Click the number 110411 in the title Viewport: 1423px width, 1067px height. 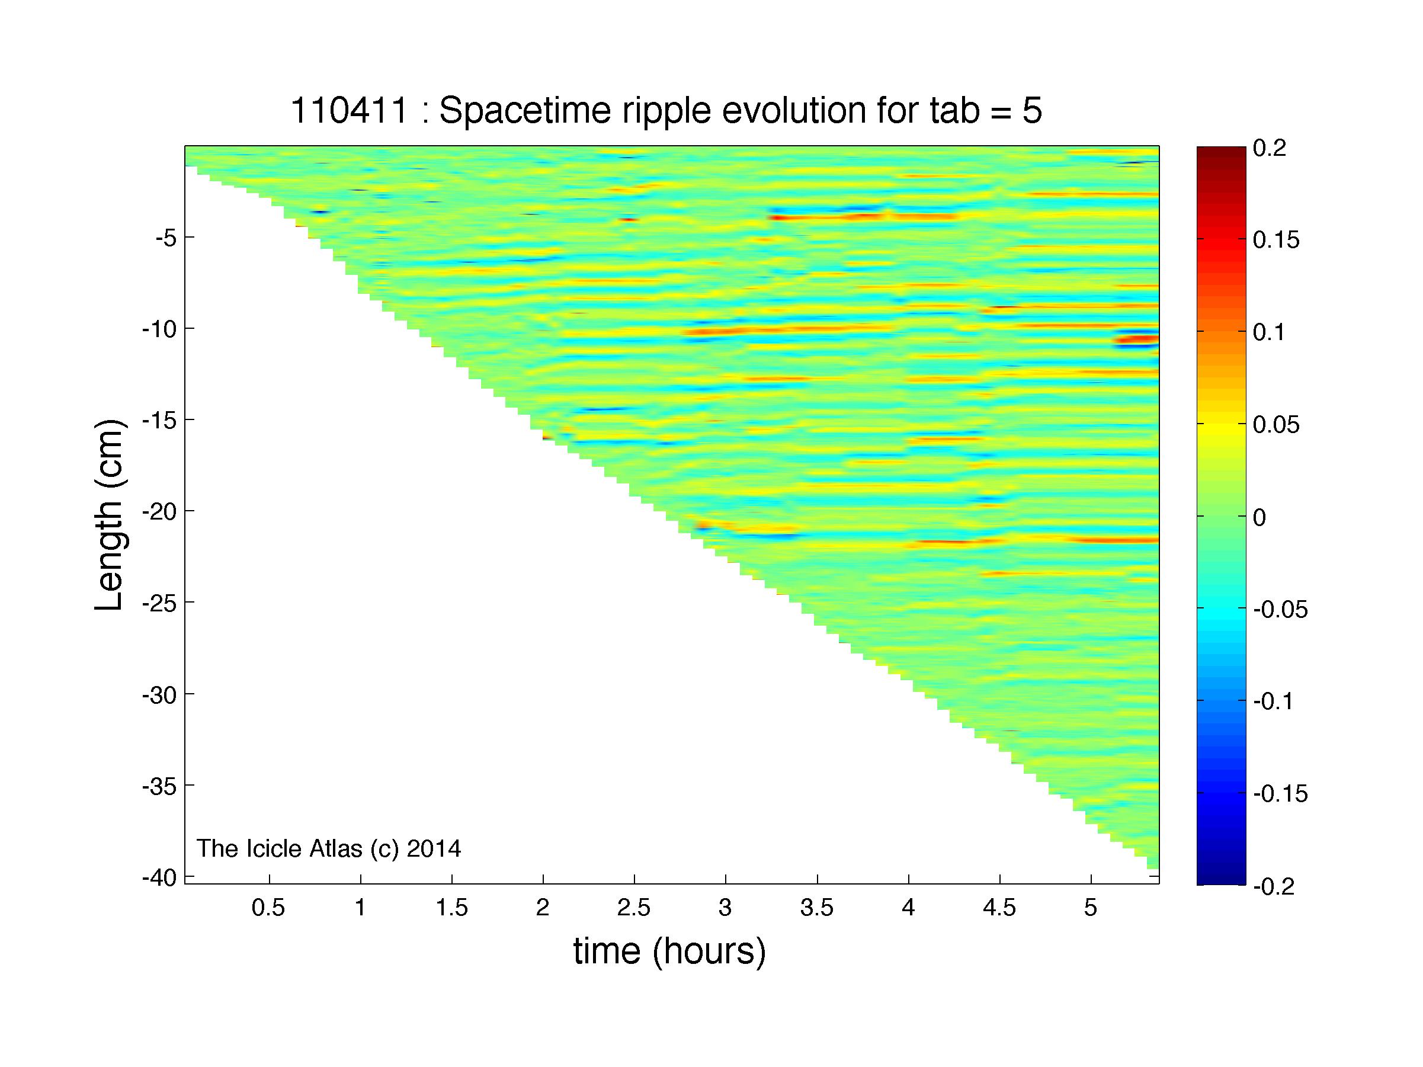350,111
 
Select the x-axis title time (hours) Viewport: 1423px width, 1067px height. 669,952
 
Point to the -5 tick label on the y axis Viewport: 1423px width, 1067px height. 165,239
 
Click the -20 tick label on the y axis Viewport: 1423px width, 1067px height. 159,512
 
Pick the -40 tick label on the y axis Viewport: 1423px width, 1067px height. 159,877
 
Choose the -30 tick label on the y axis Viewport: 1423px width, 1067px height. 159,694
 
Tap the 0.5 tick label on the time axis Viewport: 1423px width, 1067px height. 269,908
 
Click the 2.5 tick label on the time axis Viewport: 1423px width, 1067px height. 634,908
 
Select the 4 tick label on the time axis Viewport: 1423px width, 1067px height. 908,908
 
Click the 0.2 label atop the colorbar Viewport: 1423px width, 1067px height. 1269,149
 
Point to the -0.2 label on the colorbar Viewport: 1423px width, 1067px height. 1274,887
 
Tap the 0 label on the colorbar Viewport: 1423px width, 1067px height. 1259,518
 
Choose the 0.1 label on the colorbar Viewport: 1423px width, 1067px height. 1269,333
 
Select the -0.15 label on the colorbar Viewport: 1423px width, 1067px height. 1280,794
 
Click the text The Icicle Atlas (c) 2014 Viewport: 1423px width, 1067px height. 329,849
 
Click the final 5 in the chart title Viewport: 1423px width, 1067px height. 1032,111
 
